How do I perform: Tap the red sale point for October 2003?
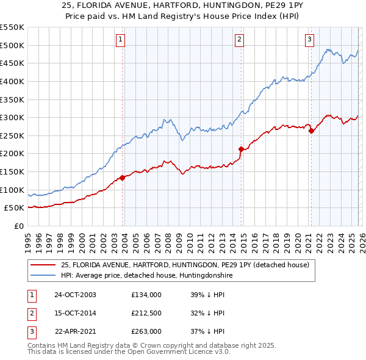tap(123, 178)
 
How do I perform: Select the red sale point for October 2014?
tap(241, 149)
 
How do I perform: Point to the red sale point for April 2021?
tap(311, 131)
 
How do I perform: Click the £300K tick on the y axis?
tap(12, 117)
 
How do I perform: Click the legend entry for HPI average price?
tap(147, 275)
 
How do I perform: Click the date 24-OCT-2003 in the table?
tap(75, 295)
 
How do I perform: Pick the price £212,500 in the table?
tap(146, 313)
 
